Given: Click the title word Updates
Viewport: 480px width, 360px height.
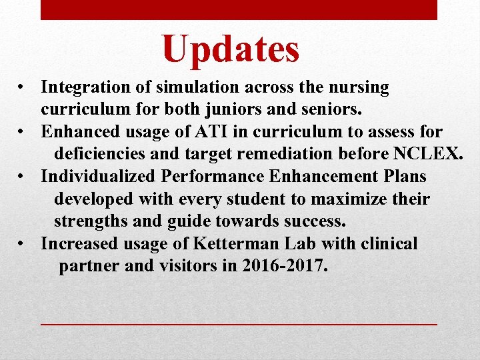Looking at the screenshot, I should (x=231, y=49).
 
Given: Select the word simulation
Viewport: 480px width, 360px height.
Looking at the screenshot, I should (x=186, y=87).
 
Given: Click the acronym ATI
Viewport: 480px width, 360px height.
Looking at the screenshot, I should (x=205, y=132).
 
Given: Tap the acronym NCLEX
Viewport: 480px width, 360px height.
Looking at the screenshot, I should (x=427, y=154).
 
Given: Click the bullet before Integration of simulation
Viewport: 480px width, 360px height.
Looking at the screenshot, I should (x=23, y=88).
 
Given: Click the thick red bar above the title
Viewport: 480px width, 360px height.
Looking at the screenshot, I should (x=239, y=9).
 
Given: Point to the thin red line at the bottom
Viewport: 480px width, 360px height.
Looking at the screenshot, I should (x=239, y=323).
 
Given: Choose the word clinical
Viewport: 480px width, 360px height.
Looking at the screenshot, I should (x=389, y=244).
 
